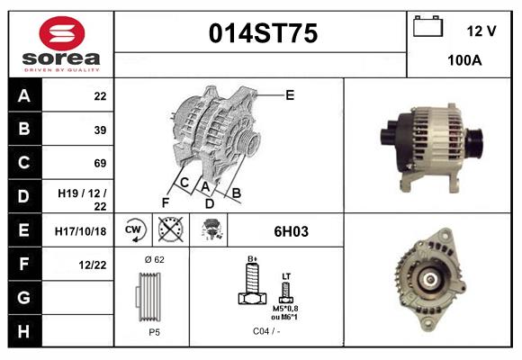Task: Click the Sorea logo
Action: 61,44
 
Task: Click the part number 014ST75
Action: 263,34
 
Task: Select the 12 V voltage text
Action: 481,31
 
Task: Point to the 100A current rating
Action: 464,60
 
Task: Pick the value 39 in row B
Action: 100,130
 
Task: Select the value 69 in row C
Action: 100,164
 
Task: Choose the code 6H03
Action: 291,231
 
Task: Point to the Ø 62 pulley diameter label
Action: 154,259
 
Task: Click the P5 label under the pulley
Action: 154,332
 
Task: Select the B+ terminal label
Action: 253,259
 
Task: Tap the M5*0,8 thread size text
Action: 286,310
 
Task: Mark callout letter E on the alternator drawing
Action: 290,94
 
